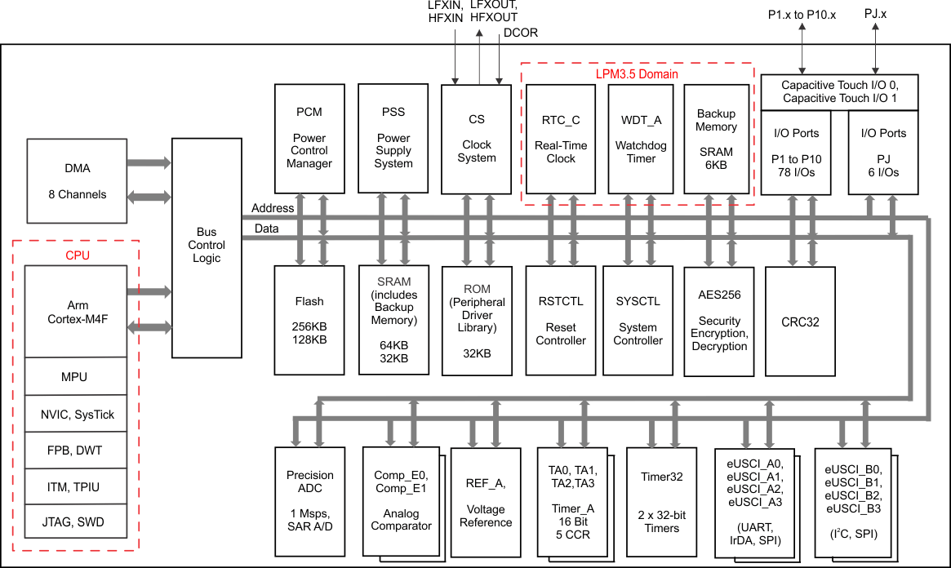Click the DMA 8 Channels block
pos(77,180)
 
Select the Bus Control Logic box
pos(207,248)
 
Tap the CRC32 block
pos(800,322)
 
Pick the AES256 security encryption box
pos(718,322)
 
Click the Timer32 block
pos(662,502)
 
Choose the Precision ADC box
pos(310,502)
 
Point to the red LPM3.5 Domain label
pos(637,74)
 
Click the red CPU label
pos(78,255)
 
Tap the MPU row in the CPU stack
pos(76,376)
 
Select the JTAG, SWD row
pos(76,521)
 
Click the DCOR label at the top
pos(520,33)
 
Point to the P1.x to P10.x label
pos(802,15)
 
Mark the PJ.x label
pos(875,13)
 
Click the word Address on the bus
pos(273,208)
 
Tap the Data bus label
pos(266,229)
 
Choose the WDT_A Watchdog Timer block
pos(641,139)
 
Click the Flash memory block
pos(309,320)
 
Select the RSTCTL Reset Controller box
pos(561,320)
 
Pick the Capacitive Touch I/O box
pos(839,92)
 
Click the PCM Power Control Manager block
pos(309,138)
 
